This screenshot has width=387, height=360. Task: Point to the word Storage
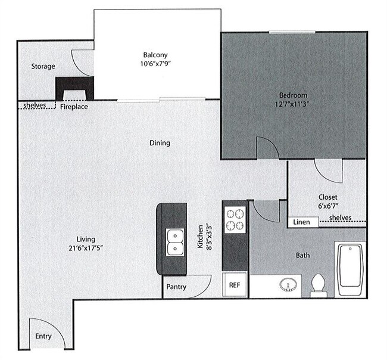(43, 66)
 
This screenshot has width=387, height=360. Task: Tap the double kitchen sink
(174, 241)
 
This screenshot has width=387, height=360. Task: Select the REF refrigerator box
(234, 285)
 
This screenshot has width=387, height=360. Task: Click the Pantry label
(176, 287)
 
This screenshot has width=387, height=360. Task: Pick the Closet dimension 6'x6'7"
(327, 206)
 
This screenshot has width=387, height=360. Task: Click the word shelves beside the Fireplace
(35, 106)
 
